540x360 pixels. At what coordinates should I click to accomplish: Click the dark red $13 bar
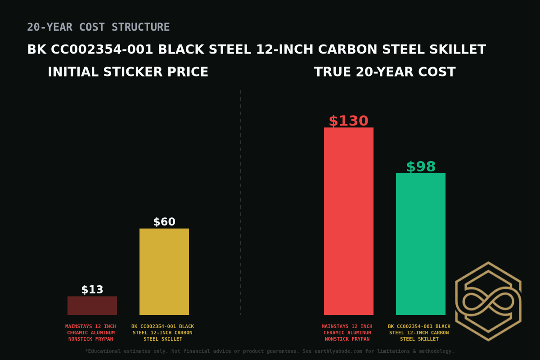click(92, 306)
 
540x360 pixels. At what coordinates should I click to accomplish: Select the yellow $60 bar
click(164, 272)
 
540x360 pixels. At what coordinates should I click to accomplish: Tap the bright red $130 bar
click(349, 221)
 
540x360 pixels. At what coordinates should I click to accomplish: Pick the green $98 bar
click(421, 244)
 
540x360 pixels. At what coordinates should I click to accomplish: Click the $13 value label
click(92, 290)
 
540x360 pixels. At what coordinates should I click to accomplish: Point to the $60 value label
click(164, 222)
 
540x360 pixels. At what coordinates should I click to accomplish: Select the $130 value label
click(349, 121)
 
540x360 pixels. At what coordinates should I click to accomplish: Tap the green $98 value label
click(421, 167)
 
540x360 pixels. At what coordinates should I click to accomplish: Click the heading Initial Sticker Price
click(128, 72)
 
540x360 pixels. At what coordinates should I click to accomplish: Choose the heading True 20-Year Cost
click(385, 72)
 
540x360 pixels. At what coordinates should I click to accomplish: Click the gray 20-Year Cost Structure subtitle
click(99, 27)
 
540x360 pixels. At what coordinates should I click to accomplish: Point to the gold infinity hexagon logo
click(488, 301)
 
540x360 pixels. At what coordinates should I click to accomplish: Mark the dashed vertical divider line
click(241, 202)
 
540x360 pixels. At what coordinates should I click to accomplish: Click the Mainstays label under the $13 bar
click(90, 333)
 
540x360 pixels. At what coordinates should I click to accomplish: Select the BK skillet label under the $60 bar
click(162, 333)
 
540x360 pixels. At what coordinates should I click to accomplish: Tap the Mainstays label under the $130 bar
click(347, 333)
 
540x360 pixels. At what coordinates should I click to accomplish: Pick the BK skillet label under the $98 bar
click(419, 333)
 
